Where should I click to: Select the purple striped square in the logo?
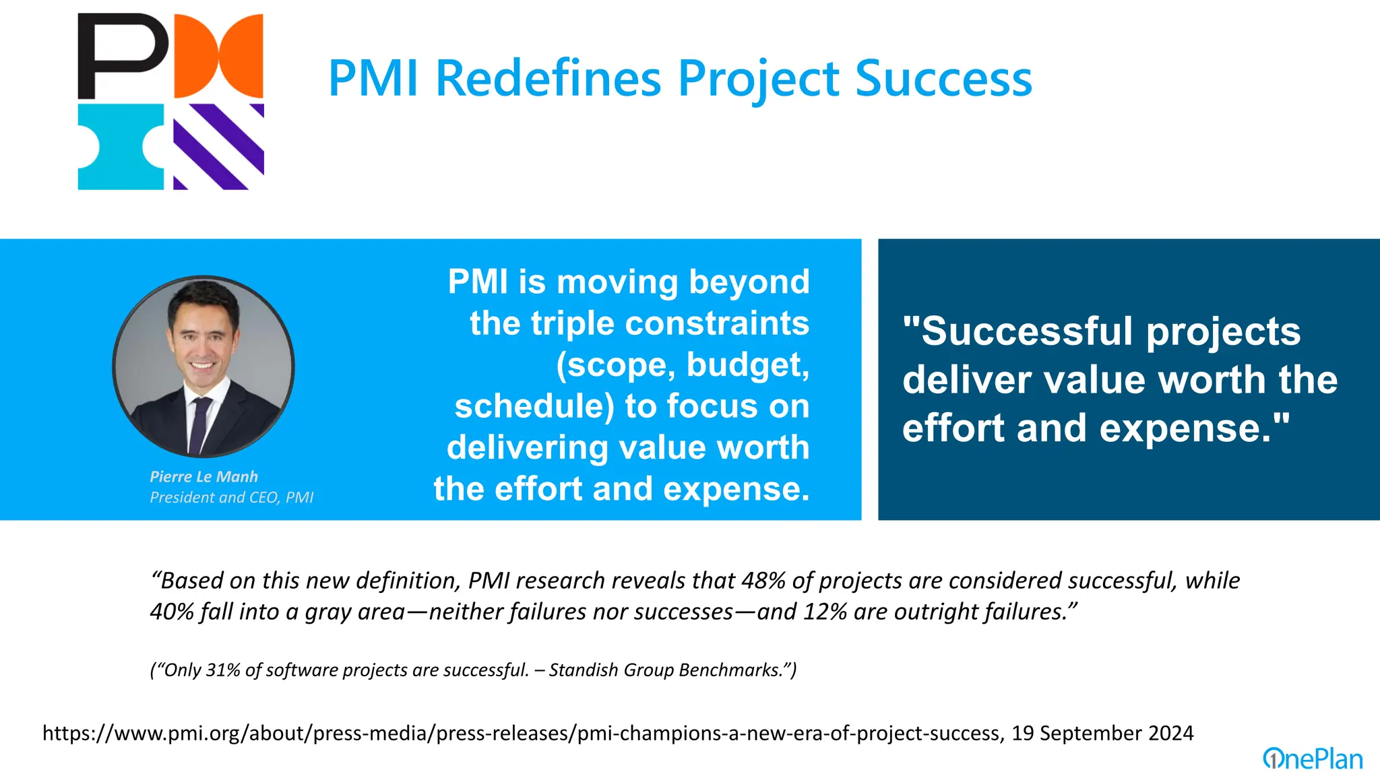tap(218, 147)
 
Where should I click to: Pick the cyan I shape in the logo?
tap(121, 147)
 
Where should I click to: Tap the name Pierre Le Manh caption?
tap(203, 477)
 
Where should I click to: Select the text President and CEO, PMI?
tap(231, 498)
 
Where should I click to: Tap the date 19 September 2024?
tap(1102, 733)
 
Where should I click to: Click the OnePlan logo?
tap(1313, 759)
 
